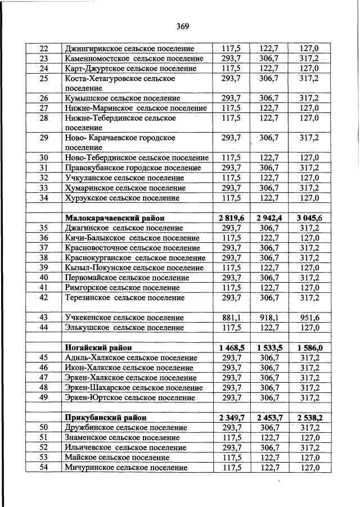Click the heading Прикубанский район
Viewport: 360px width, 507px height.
105,418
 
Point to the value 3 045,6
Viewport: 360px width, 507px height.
305,218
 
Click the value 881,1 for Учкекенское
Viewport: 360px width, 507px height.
232,318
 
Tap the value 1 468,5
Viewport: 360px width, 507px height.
231,347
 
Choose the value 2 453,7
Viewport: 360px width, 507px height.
268,418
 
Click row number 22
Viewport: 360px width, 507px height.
44,49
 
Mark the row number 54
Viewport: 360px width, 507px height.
44,468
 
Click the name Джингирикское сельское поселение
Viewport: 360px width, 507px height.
129,49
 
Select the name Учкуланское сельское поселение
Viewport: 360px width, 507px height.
124,178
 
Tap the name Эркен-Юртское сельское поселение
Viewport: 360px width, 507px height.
127,398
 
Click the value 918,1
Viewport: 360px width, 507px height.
269,318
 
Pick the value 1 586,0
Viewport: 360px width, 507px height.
305,347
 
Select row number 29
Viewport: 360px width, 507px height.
44,138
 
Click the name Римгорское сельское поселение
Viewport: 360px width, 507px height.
123,288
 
